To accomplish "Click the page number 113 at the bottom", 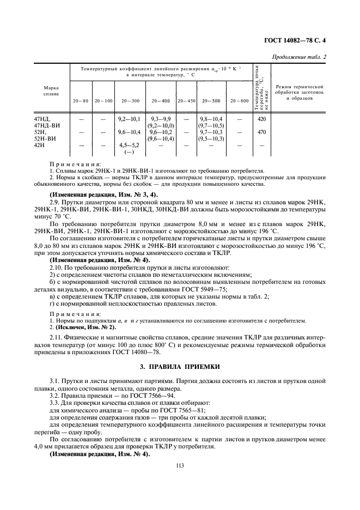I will [x=180, y=465].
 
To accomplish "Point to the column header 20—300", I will [x=130, y=101].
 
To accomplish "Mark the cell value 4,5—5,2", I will [x=130, y=145].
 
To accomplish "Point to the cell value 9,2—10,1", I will [x=130, y=118].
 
